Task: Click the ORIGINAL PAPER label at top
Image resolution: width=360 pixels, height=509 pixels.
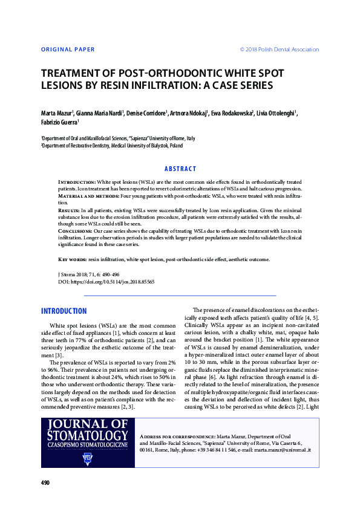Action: coord(68,50)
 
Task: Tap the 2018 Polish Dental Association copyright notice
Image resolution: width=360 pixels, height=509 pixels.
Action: coord(280,50)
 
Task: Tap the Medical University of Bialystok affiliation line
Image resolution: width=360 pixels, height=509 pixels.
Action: coord(111,146)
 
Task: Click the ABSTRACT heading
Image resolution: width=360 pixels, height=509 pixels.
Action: coord(180,169)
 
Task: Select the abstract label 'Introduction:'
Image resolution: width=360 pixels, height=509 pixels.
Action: coord(76,181)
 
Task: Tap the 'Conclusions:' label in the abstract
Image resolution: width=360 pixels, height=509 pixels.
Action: coord(76,231)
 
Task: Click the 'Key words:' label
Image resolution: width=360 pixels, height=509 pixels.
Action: coord(72,259)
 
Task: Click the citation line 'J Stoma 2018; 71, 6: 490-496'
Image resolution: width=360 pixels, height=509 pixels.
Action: coord(88,274)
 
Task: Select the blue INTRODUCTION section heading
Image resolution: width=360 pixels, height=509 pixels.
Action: coord(64,311)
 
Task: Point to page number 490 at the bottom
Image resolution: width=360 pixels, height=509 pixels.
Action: coord(45,482)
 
